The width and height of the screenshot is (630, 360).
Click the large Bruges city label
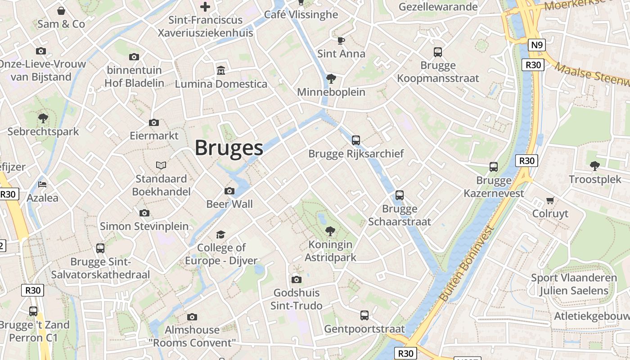229,148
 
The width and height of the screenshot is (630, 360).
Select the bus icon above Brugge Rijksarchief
356,140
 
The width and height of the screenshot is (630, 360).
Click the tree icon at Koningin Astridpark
330,231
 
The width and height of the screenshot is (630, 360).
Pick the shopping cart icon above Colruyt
550,200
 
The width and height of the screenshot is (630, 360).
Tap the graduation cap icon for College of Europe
220,234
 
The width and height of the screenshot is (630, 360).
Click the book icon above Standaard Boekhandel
161,166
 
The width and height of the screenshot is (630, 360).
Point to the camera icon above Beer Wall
229,191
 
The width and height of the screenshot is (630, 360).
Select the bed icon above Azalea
42,184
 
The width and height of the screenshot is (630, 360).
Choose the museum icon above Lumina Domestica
221,71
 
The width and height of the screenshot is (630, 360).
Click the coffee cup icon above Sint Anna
341,40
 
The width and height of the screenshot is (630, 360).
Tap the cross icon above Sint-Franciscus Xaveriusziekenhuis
205,7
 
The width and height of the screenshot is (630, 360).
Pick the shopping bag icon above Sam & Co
61,10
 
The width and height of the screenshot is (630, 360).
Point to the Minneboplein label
331,92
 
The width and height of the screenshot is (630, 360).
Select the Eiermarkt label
154,135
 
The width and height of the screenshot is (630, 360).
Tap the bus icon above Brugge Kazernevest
494,167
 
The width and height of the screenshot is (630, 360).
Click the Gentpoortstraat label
364,329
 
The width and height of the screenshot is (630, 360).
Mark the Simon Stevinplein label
144,226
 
